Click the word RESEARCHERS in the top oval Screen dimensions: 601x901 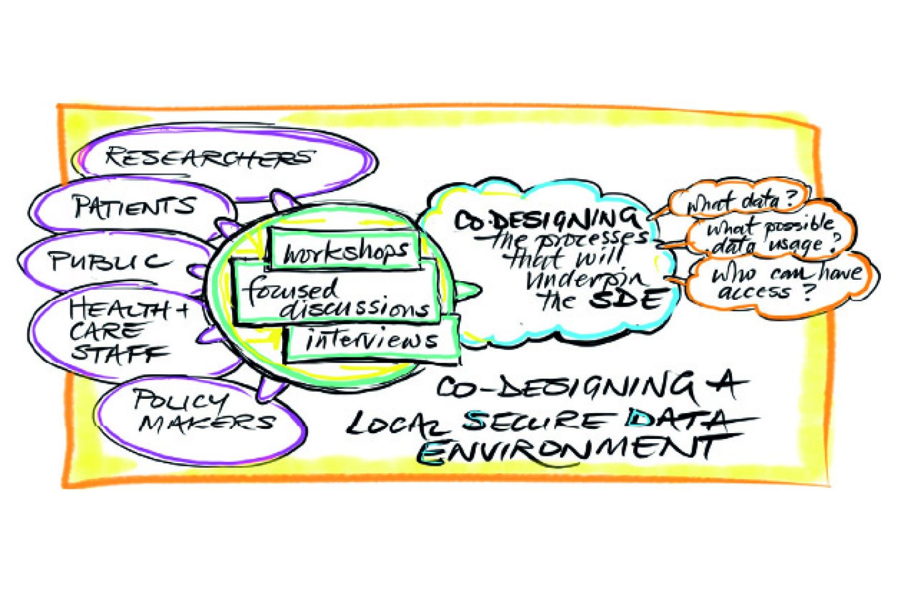[208, 157]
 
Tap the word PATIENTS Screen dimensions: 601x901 [134, 206]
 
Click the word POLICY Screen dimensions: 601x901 [180, 400]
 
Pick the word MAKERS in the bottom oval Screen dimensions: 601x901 [206, 423]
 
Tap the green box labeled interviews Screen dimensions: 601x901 [372, 340]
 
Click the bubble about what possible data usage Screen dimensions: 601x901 [772, 235]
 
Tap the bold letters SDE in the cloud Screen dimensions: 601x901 [626, 300]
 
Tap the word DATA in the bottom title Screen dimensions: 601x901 [679, 419]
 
